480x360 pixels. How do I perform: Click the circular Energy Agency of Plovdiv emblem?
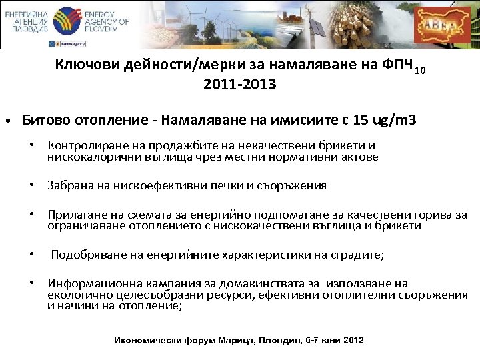(x=65, y=21)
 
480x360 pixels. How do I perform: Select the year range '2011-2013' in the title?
(x=239, y=85)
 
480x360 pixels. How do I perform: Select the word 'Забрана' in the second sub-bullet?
(x=69, y=185)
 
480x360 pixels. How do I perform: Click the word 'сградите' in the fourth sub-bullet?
(x=357, y=255)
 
